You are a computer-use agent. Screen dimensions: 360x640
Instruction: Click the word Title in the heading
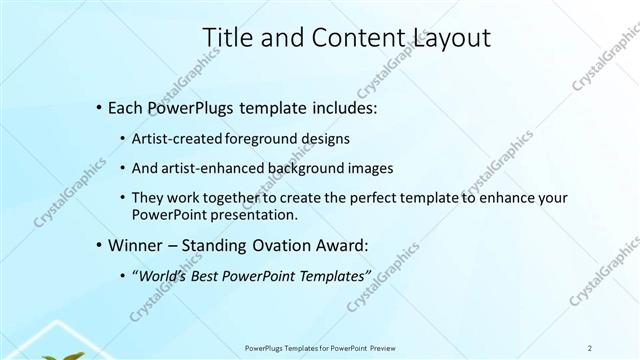[226, 38]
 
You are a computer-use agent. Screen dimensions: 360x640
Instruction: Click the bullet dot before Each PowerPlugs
[98, 106]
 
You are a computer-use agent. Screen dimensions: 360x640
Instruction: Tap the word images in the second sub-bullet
[371, 168]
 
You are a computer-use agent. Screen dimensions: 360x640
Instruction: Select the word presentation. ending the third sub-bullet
[254, 214]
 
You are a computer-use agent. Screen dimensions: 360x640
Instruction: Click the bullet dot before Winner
[98, 245]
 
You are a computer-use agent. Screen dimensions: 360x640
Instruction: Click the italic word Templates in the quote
[335, 275]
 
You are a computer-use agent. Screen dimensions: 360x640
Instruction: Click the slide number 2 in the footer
[590, 347]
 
